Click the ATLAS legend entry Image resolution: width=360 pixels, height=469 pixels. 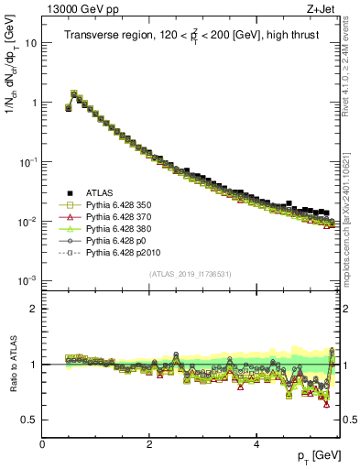tap(101, 192)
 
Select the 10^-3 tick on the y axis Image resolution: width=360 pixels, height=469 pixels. tap(27, 280)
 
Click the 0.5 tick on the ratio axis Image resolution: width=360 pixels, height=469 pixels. tap(29, 420)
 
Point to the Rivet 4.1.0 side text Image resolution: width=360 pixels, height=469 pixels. tap(351, 60)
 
